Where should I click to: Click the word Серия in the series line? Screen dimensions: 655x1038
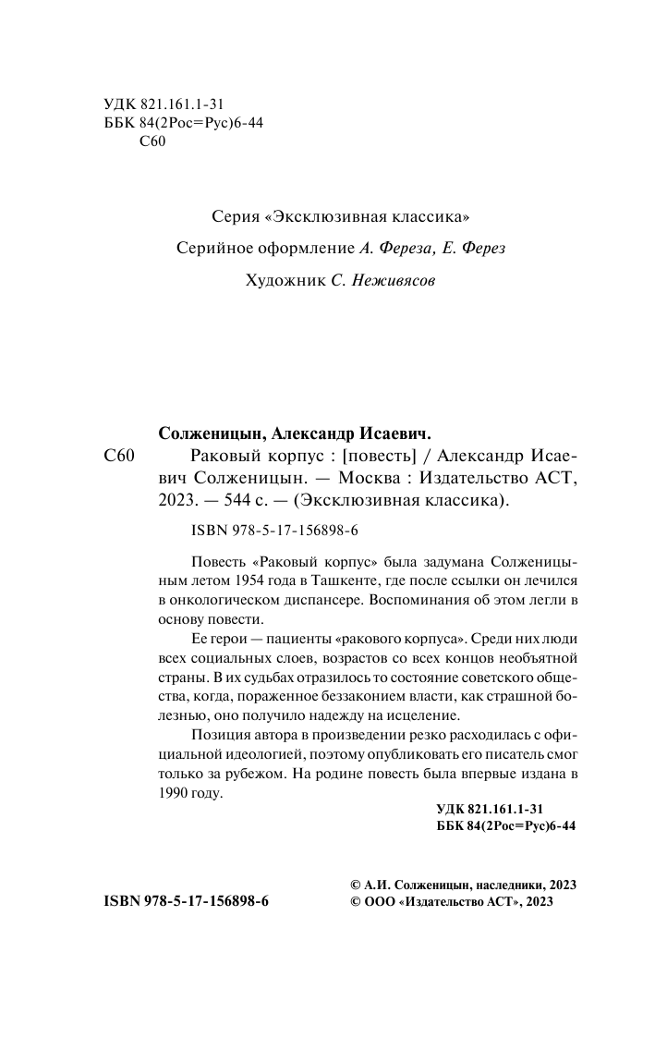235,218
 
